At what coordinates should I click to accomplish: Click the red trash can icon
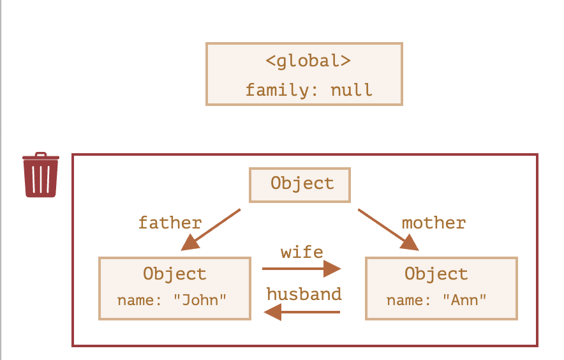[x=41, y=175]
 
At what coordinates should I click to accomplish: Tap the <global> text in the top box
[x=308, y=61]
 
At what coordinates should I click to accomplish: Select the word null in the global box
[x=352, y=90]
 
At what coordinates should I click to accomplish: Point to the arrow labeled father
[x=211, y=230]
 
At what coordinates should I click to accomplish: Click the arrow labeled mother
[x=389, y=230]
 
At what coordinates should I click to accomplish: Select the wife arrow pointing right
[x=301, y=269]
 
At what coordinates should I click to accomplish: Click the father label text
[x=170, y=223]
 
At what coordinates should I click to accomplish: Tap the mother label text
[x=434, y=223]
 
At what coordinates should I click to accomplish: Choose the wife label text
[x=302, y=252]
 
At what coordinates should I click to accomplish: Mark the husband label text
[x=304, y=294]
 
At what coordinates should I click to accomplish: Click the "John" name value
[x=200, y=300]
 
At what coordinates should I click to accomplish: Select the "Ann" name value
[x=464, y=300]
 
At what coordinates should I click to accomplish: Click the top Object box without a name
[x=300, y=185]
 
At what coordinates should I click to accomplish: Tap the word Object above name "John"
[x=175, y=274]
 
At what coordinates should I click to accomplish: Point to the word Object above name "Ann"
[x=436, y=274]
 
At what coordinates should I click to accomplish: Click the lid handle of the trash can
[x=41, y=154]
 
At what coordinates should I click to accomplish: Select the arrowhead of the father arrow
[x=190, y=243]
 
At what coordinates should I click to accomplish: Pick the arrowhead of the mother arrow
[x=410, y=243]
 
